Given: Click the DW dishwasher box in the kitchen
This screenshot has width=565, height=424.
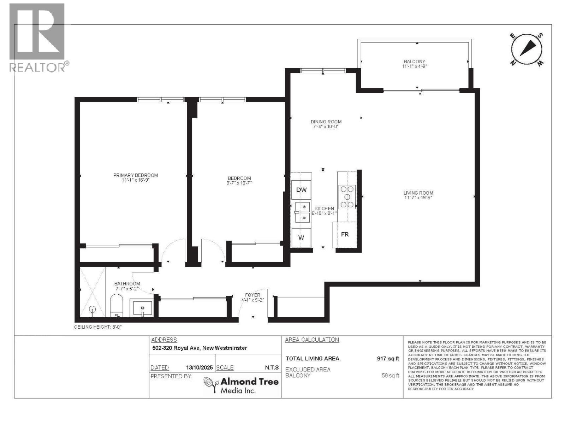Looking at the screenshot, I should tap(301, 190).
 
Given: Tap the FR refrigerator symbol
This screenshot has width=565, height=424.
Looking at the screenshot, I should tap(345, 234).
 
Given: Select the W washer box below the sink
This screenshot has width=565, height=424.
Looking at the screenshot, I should tap(301, 237).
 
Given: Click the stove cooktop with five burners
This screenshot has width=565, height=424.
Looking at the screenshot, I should tap(347, 197).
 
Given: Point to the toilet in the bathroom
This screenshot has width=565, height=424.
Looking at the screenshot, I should tap(116, 306).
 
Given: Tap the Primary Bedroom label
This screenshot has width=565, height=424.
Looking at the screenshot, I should tap(135, 175).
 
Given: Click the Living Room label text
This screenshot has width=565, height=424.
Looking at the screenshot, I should tap(418, 193).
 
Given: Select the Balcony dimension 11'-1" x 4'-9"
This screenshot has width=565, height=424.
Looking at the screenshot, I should tap(415, 66).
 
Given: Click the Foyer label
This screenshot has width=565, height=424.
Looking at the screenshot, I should tap(252, 295).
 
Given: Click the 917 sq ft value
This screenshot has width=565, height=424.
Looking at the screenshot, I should tap(388, 358).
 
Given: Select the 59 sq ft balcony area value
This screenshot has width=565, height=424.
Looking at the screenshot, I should tap(390, 376).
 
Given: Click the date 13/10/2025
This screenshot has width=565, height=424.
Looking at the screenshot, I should tap(199, 367).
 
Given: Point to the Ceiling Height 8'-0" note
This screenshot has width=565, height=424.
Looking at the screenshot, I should tap(98, 327).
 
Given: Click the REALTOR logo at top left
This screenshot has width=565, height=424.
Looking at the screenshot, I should tap(37, 37).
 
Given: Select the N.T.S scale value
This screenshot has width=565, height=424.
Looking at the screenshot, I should tap(272, 367).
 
